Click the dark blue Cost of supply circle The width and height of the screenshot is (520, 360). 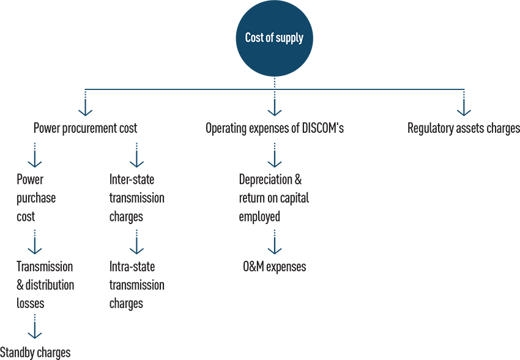point(274,38)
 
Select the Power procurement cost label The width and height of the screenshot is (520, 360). point(85,128)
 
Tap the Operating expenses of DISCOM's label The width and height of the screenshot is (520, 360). point(275,128)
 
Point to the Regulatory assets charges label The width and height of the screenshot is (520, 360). point(464,128)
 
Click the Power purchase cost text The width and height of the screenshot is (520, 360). point(36,198)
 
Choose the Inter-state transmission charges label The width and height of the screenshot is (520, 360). point(136,198)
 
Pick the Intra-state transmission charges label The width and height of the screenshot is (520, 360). point(136,285)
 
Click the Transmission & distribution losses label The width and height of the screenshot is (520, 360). point(45,285)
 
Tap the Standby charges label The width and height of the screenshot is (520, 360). point(35,353)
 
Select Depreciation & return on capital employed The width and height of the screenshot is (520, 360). point(274,198)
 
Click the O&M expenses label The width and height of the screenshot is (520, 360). point(275,267)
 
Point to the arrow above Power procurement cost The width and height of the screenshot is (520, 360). point(85,102)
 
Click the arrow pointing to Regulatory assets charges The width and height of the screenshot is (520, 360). point(464,102)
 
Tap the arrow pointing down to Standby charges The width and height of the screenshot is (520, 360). point(34,326)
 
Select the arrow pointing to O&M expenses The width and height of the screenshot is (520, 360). point(275,242)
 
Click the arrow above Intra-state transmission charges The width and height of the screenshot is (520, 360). point(136,242)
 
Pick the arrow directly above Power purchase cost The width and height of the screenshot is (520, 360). point(34,155)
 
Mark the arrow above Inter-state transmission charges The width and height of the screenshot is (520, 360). point(136,155)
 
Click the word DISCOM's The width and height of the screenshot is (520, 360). point(322,128)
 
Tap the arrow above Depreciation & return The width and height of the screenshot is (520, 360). point(275,155)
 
